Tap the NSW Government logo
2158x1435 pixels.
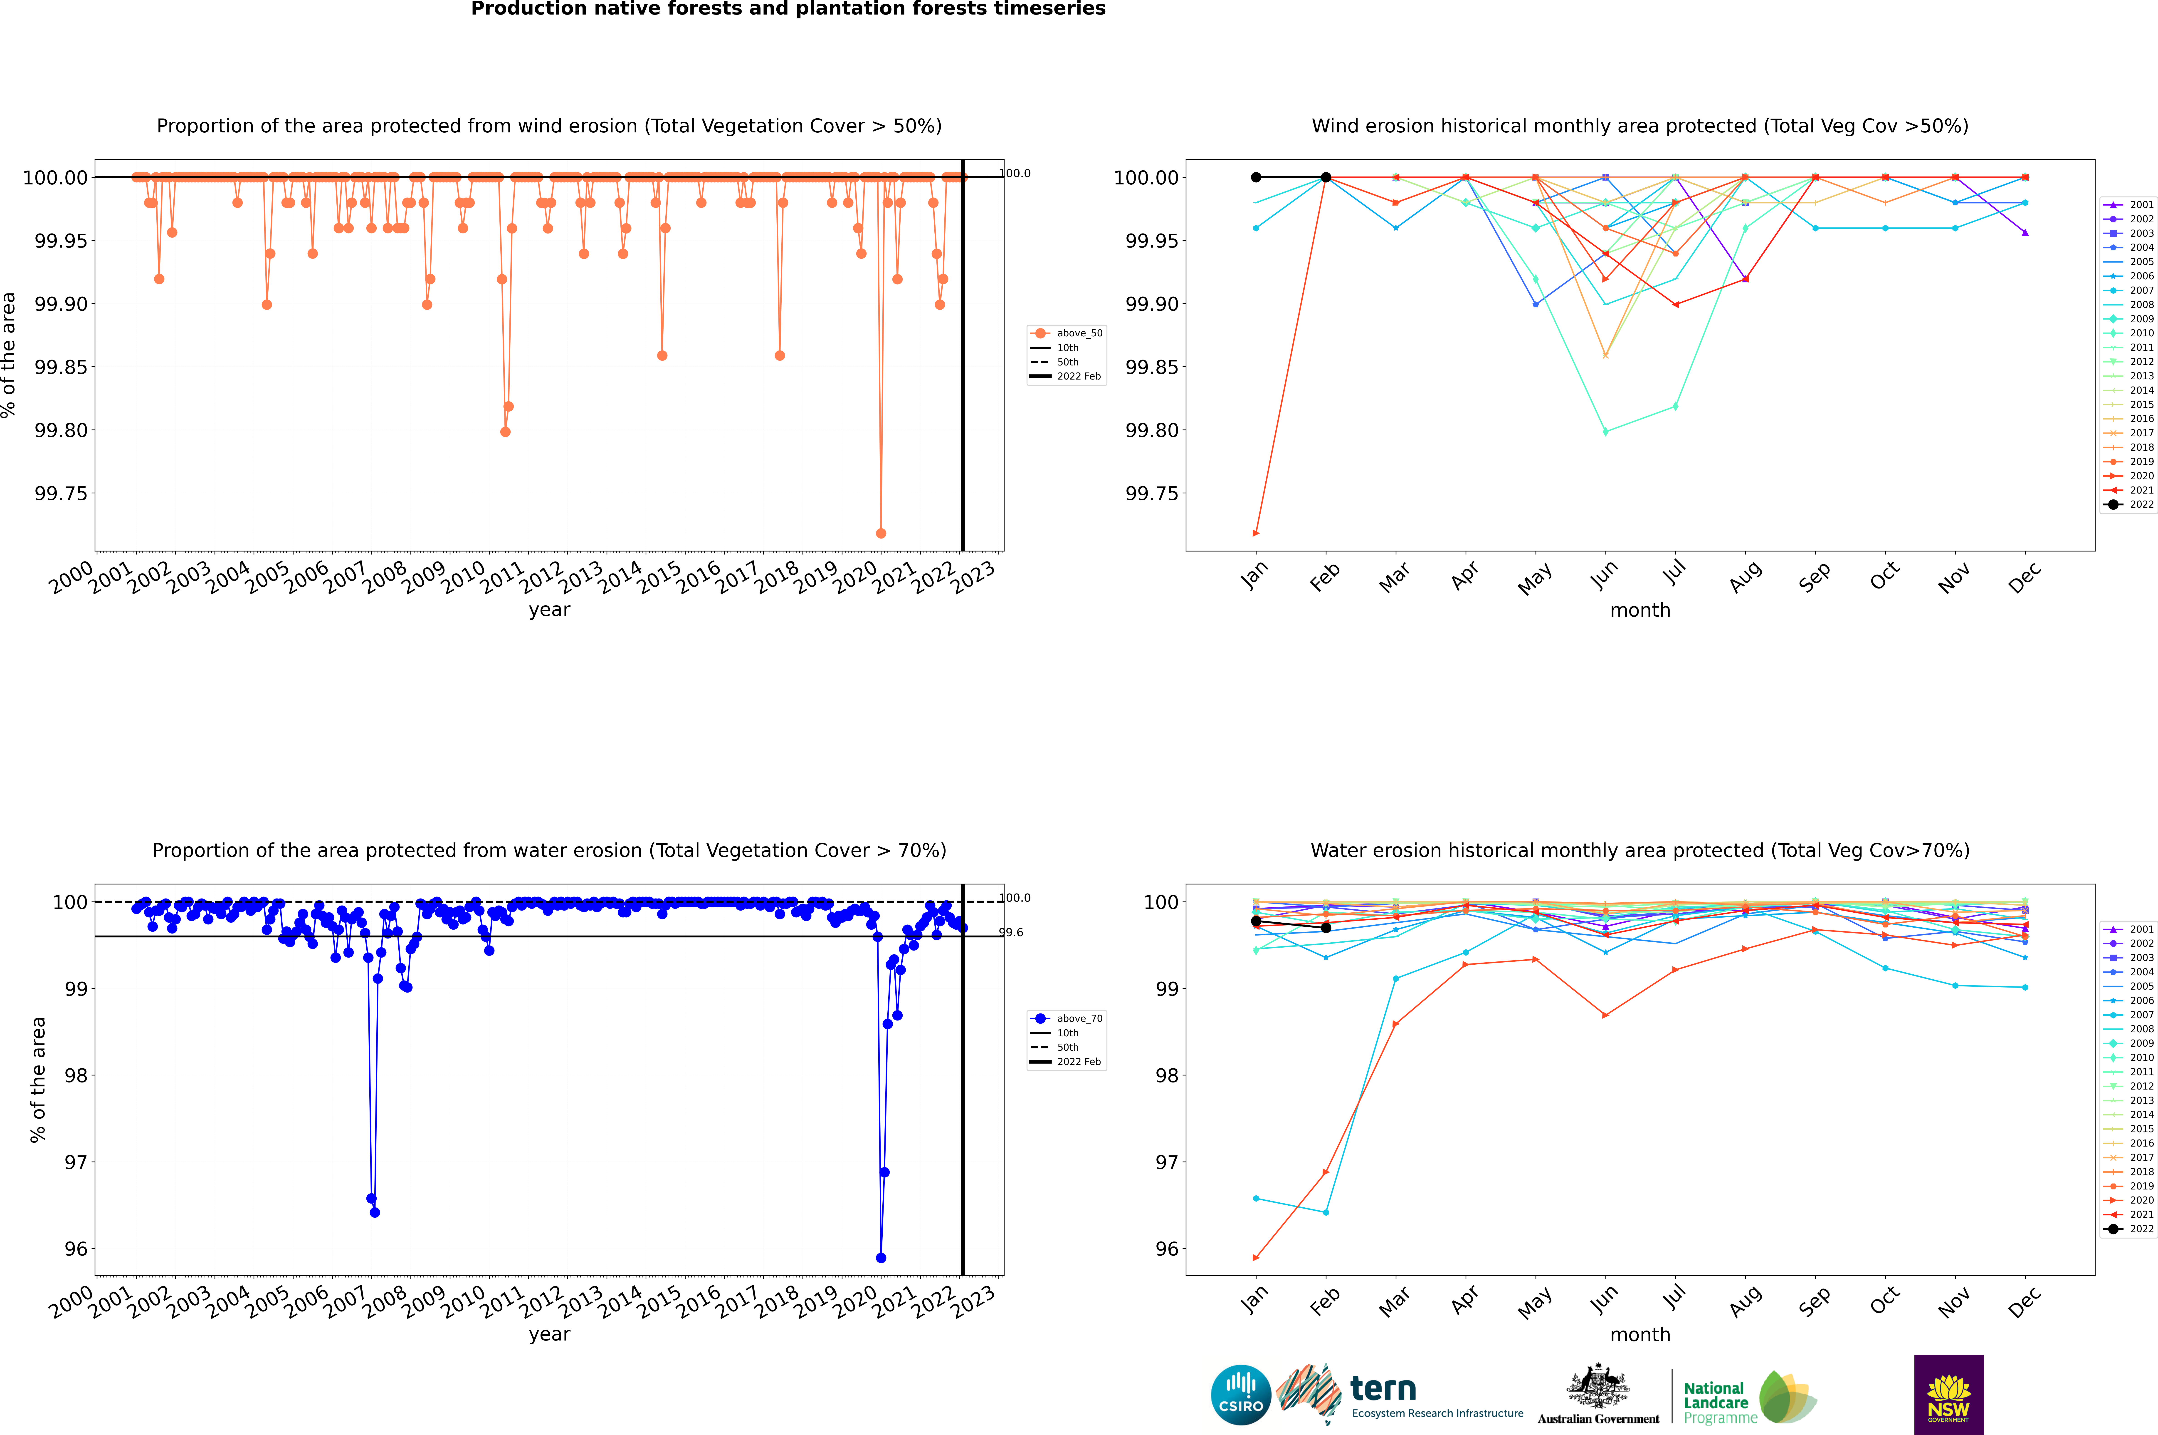coord(1948,1395)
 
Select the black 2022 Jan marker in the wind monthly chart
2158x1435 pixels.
coord(1256,178)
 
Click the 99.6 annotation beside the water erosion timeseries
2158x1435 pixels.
coord(1011,933)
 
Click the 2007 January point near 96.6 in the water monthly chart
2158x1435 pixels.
coord(1256,1198)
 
